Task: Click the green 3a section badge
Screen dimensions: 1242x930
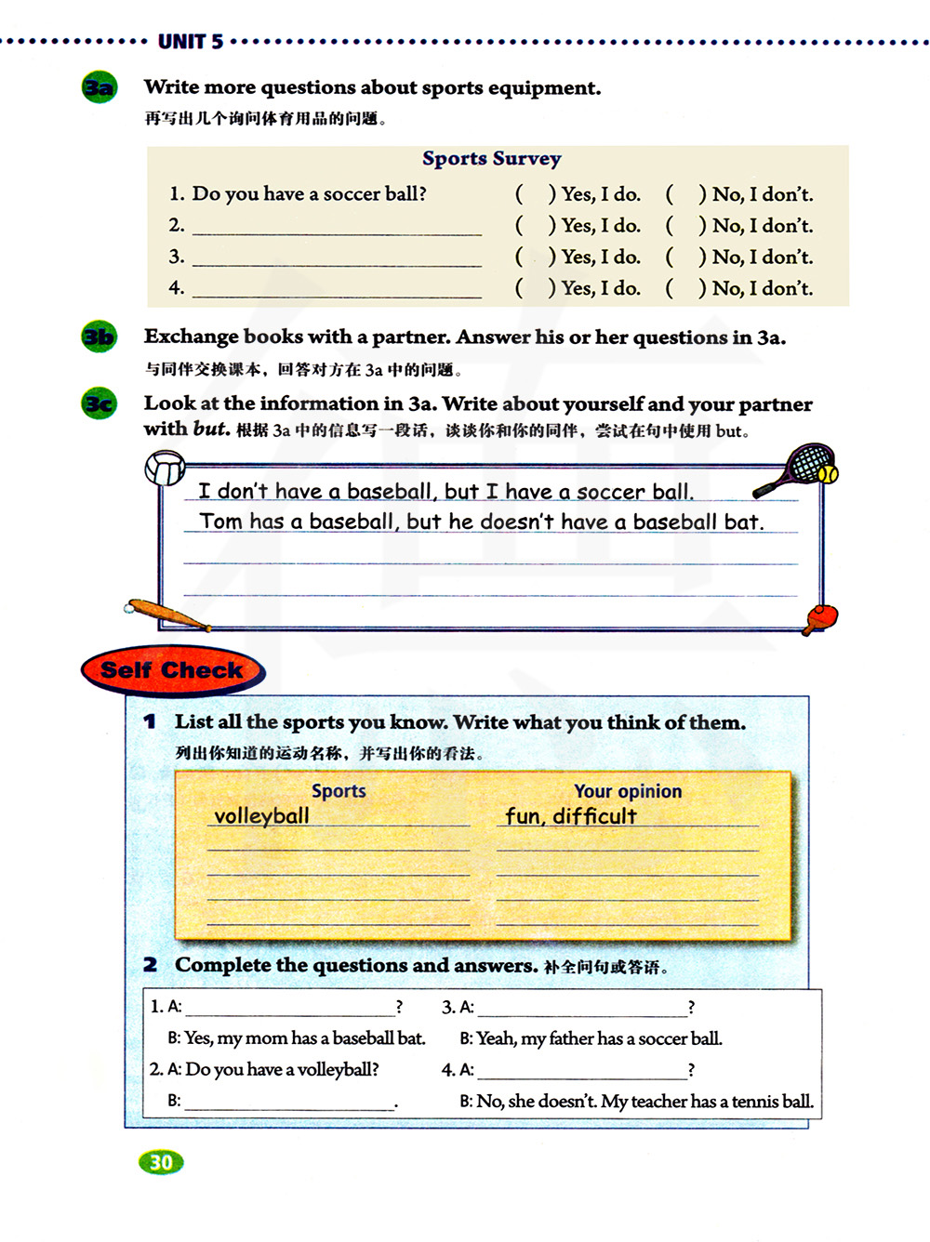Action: pyautogui.click(x=100, y=88)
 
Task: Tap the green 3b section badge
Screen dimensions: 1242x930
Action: pyautogui.click(x=100, y=337)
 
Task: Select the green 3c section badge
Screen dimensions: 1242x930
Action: pyautogui.click(x=100, y=404)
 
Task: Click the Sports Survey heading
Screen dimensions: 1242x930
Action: pyautogui.click(x=491, y=159)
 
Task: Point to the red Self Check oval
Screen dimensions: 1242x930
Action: pyautogui.click(x=172, y=670)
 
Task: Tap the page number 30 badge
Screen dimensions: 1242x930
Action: pyautogui.click(x=161, y=1162)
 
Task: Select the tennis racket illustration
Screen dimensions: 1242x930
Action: pyautogui.click(x=799, y=468)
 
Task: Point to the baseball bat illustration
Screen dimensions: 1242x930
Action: pyautogui.click(x=167, y=614)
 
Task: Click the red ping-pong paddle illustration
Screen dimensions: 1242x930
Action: pyautogui.click(x=820, y=617)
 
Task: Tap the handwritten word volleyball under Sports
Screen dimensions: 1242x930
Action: pyautogui.click(x=261, y=816)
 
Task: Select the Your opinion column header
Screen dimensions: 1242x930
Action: pyautogui.click(x=628, y=791)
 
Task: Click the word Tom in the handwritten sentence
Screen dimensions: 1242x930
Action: pyautogui.click(x=220, y=522)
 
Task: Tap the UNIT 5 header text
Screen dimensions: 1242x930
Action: pyautogui.click(x=191, y=42)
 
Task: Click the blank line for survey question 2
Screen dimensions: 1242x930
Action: pyautogui.click(x=337, y=227)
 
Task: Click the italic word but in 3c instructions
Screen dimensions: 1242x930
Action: pyautogui.click(x=210, y=429)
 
